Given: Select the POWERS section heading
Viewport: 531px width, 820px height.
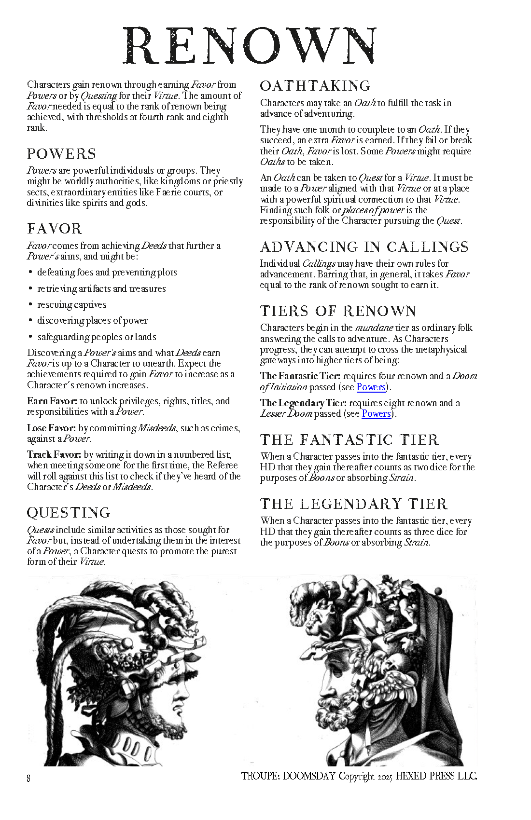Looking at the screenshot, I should (61, 154).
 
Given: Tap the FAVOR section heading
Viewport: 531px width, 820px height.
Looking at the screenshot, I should (55, 229).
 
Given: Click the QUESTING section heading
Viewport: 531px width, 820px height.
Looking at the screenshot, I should (69, 513).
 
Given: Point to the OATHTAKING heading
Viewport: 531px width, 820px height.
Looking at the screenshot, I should (315, 86).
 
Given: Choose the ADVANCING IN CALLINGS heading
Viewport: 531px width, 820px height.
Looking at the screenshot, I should (364, 247).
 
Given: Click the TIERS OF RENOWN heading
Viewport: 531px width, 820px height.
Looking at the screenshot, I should (338, 311).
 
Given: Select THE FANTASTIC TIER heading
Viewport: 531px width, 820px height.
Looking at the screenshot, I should (349, 440).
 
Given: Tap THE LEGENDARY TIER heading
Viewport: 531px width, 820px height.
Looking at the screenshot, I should (354, 504).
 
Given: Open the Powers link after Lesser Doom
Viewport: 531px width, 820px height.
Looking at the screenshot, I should (376, 414).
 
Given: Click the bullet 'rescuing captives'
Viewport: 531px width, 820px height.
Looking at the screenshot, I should (72, 305).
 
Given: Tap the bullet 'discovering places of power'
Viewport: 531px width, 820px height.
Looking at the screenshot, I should (93, 321).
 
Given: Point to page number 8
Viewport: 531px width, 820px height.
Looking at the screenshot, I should (29, 779).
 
